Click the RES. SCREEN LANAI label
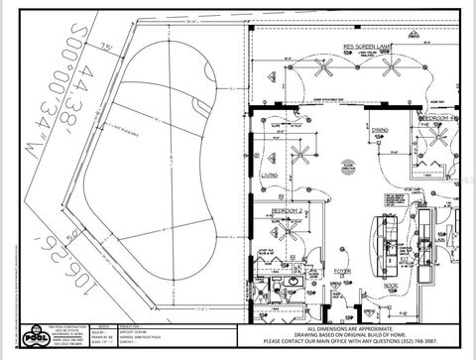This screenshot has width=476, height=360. click(x=364, y=47)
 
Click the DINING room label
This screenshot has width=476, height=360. click(x=380, y=130)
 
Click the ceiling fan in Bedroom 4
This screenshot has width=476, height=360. click(x=439, y=138)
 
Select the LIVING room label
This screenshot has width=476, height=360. click(x=269, y=176)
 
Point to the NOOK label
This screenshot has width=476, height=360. click(x=391, y=286)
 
